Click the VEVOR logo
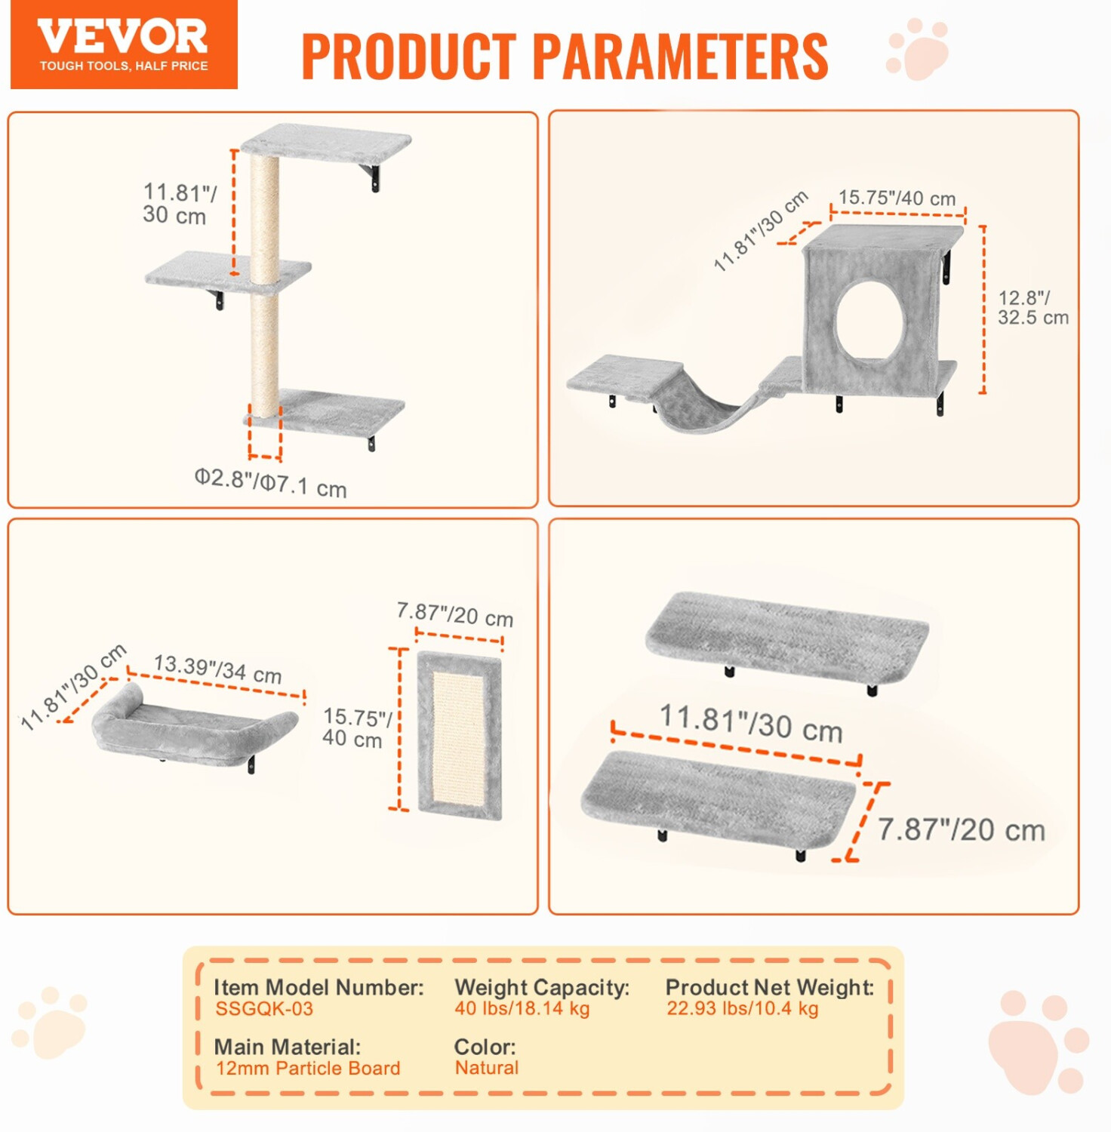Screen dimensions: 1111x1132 click(x=124, y=45)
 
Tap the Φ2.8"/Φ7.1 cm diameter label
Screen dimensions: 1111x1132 click(x=270, y=482)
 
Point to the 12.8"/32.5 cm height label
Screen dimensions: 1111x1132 click(x=1033, y=308)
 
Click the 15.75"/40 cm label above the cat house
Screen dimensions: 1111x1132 click(x=897, y=198)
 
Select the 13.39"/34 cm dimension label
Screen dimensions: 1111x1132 click(x=217, y=669)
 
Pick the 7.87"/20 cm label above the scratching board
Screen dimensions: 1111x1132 click(x=455, y=614)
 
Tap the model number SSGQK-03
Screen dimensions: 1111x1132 click(x=263, y=1009)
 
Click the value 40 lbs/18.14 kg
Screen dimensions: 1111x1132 click(x=522, y=1008)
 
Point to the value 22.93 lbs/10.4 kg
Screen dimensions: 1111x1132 click(x=743, y=1008)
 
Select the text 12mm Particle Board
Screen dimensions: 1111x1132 click(x=308, y=1068)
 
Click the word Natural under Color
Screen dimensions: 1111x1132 click(x=487, y=1067)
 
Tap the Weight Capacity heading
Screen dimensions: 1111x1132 click(x=542, y=987)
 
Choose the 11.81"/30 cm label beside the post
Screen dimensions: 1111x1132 click(x=180, y=204)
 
